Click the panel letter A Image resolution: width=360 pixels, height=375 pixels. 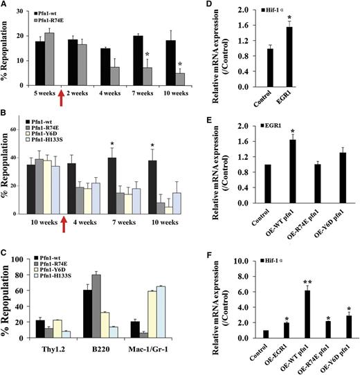click(x=6, y=8)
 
